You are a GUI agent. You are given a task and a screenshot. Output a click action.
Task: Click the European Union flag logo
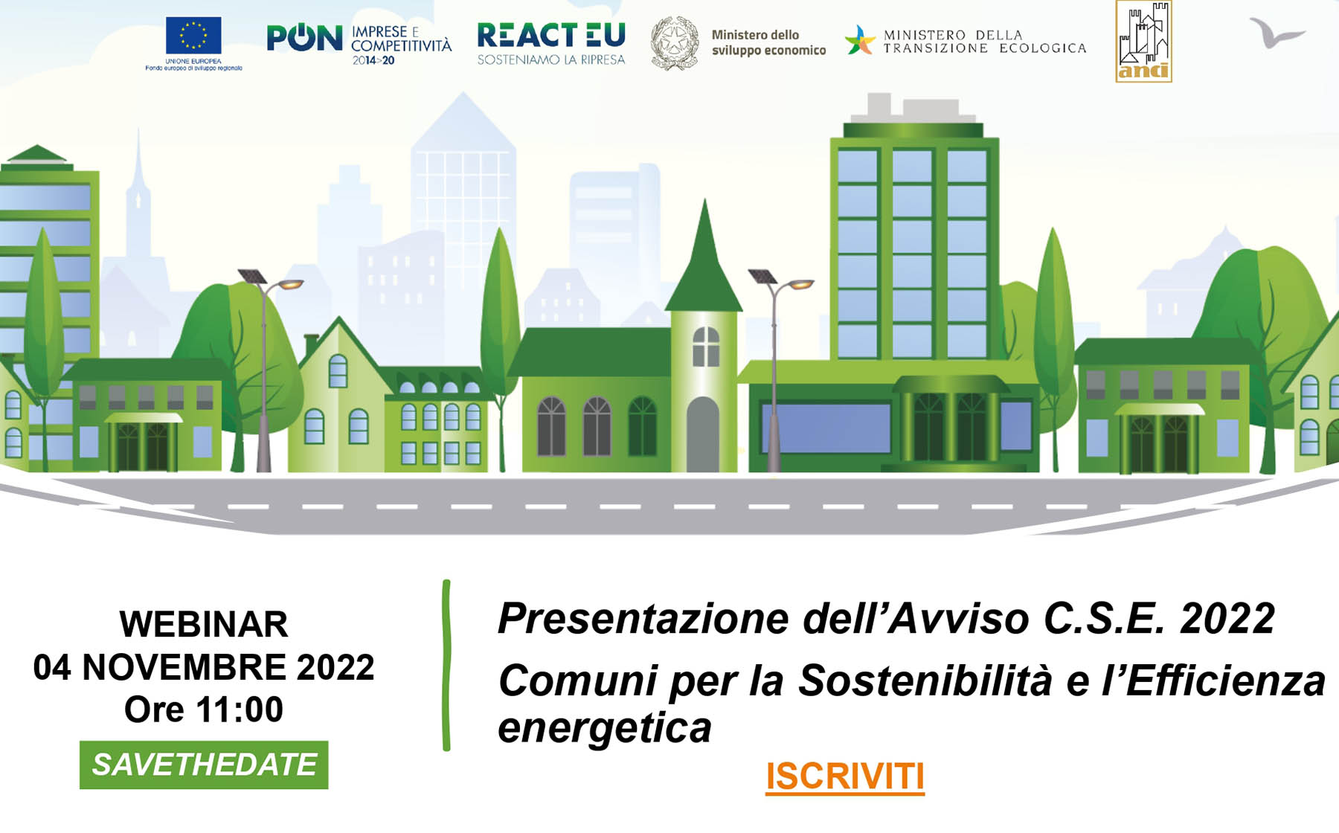(x=193, y=43)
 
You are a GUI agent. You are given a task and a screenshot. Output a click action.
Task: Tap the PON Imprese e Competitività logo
(x=359, y=44)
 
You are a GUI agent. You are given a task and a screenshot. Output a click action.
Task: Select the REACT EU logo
(x=551, y=43)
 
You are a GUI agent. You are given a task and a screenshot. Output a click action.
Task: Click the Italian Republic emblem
(x=675, y=43)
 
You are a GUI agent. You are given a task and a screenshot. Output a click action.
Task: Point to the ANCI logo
(x=1143, y=42)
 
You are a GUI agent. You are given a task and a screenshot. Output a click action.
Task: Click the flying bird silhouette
(x=1277, y=33)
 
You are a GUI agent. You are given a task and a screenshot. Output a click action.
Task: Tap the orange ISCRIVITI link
(x=845, y=776)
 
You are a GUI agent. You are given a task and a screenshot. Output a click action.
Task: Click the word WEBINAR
(x=204, y=624)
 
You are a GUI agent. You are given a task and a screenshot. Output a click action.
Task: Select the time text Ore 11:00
(x=204, y=710)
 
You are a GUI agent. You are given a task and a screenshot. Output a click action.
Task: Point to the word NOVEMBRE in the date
(x=184, y=667)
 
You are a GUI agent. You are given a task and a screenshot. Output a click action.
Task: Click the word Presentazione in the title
(x=644, y=618)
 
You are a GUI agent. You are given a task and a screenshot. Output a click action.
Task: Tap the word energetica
(x=605, y=727)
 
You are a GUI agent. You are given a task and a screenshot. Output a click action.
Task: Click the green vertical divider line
(x=446, y=665)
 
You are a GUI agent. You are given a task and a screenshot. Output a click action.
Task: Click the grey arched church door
(x=703, y=434)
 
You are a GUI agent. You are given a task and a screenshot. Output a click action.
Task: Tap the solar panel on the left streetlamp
(x=252, y=276)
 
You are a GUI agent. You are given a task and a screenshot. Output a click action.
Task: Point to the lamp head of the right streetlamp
(x=801, y=284)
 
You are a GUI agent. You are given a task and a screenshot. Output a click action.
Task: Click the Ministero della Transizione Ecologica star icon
(x=861, y=40)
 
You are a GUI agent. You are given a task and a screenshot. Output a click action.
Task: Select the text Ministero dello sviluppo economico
(x=768, y=42)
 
